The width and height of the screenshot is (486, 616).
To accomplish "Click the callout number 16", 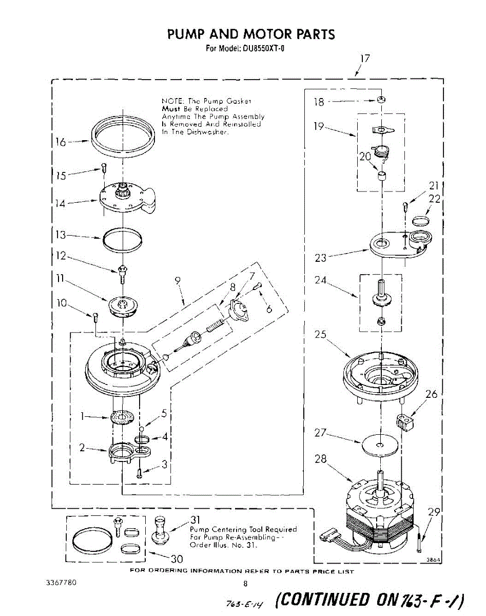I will pyautogui.click(x=60, y=142).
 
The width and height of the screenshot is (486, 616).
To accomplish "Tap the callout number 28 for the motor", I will pyautogui.click(x=321, y=458).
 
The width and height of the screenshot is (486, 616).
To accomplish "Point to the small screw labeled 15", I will pyautogui.click(x=103, y=167).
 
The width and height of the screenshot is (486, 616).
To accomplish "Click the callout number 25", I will pyautogui.click(x=321, y=335).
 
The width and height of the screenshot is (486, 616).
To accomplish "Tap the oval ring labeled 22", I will pyautogui.click(x=421, y=220).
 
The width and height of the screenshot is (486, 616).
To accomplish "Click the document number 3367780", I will pyautogui.click(x=61, y=583).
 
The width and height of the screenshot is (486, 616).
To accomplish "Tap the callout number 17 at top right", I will pyautogui.click(x=364, y=59).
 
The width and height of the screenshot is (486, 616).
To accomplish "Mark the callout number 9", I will pyautogui.click(x=178, y=280).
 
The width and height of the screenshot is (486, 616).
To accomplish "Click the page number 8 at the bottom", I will pyautogui.click(x=245, y=584).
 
